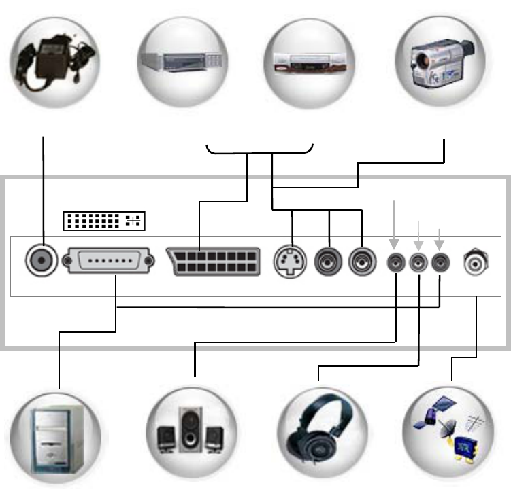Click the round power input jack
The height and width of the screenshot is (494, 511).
click(x=42, y=259)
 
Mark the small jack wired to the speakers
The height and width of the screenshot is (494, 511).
click(x=395, y=261)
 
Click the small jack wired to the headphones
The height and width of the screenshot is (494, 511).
click(x=418, y=261)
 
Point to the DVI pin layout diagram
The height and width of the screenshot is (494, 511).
click(x=104, y=221)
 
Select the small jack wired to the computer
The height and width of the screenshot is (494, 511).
click(x=440, y=261)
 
